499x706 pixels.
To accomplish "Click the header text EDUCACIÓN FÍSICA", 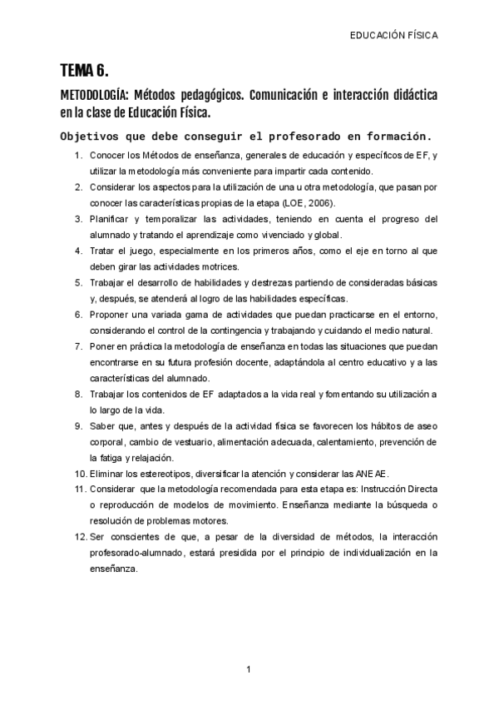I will pos(393,36).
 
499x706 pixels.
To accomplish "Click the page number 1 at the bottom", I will pos(249,669).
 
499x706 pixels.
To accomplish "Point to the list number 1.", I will pos(77,156).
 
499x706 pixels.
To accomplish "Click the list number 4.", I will pos(77,250).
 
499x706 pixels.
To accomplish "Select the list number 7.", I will pos(77,346).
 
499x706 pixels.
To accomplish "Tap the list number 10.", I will pos(79,473).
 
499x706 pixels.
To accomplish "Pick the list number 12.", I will pos(79,536).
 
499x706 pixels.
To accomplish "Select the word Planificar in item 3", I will pos(110,219).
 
